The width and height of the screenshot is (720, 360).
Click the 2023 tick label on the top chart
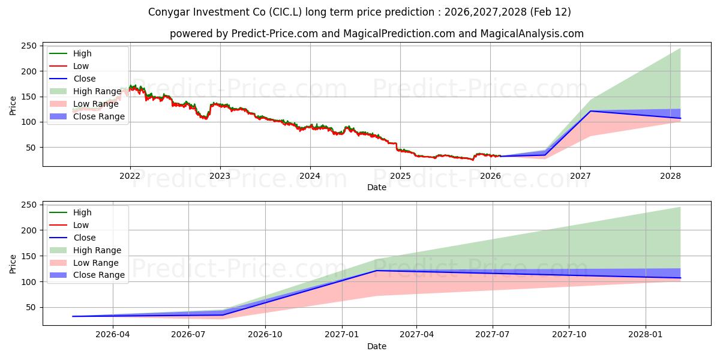coord(220,176)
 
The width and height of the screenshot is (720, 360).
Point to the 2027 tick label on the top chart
coord(580,176)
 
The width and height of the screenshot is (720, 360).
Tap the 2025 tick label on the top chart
coord(400,176)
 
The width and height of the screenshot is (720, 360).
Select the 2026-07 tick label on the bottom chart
coord(188,335)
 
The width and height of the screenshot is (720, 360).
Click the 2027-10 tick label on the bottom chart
coord(569,335)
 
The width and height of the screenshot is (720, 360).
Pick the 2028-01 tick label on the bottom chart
coord(646,335)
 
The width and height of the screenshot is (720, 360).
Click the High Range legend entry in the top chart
coord(97,91)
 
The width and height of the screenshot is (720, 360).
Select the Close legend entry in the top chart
coord(84,79)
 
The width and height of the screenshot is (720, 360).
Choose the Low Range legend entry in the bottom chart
coord(96,263)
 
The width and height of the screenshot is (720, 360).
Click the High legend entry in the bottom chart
coord(82,212)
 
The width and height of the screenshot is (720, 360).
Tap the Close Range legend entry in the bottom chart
coord(98,275)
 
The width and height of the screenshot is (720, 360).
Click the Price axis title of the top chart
coord(13,106)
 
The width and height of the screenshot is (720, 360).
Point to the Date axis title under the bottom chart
coord(376,346)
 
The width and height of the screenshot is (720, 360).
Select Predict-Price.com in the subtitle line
coord(277,34)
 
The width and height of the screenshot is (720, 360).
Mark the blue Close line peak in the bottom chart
coord(376,271)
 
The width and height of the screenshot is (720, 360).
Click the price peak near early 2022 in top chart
coord(133,86)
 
